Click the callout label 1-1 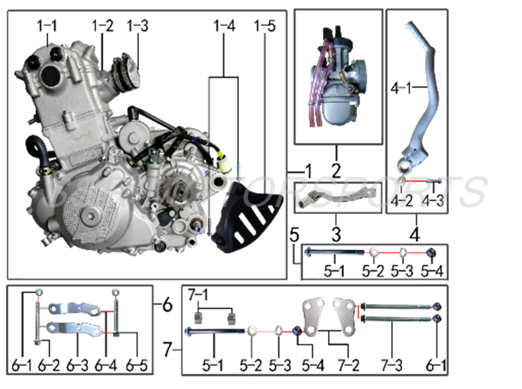coord(46,26)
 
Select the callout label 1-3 coord(137,26)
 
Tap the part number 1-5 coord(265,26)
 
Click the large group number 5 coord(294,234)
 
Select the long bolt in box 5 coord(333,251)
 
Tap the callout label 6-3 coord(79,362)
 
